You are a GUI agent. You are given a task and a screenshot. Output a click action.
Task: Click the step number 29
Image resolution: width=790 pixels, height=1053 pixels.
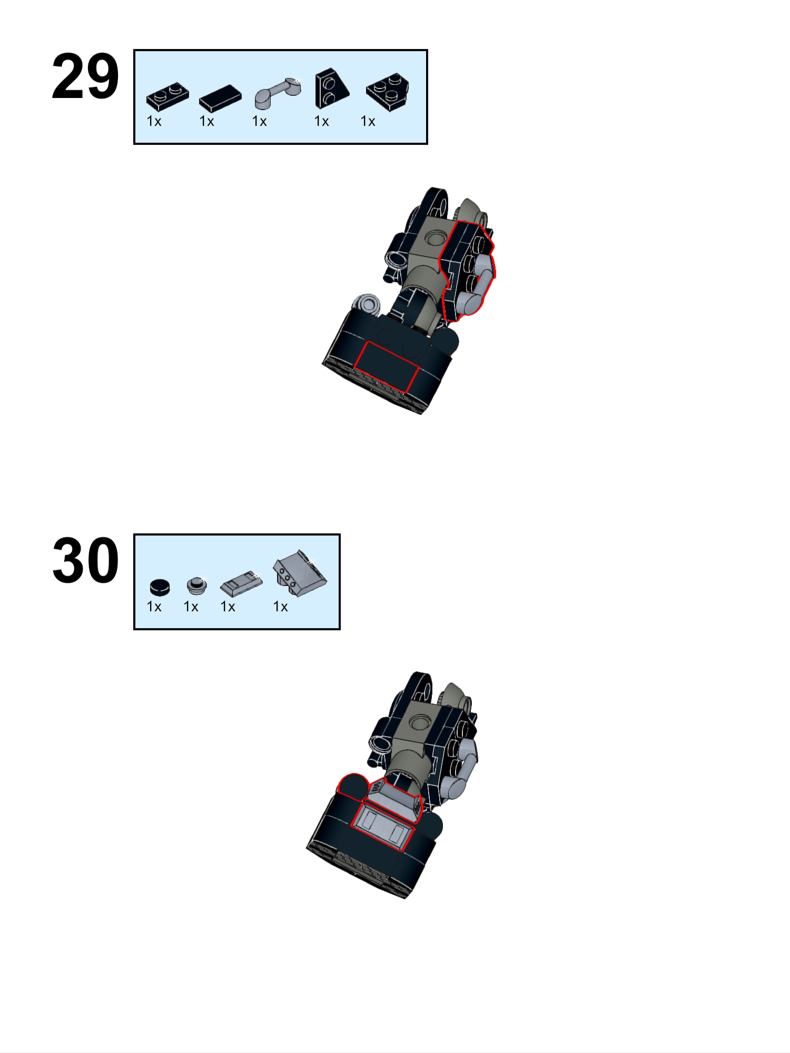[x=85, y=76]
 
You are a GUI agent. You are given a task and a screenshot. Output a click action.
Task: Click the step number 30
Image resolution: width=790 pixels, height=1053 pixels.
[x=85, y=561]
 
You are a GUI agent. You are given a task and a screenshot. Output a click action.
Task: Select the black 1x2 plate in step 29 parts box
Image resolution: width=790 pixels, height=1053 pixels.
[x=167, y=96]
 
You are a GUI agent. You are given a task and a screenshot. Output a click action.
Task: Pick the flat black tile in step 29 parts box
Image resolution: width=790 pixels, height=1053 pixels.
[x=220, y=98]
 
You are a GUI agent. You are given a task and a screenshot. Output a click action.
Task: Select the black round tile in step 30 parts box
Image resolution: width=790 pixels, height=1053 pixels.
[x=160, y=586]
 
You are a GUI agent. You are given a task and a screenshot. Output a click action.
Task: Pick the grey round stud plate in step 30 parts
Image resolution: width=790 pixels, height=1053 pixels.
[x=196, y=584]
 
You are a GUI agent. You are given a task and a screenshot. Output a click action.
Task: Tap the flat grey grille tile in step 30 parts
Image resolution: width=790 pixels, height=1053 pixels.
[x=241, y=582]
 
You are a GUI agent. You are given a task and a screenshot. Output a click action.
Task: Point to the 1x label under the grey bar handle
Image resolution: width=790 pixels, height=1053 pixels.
[x=259, y=122]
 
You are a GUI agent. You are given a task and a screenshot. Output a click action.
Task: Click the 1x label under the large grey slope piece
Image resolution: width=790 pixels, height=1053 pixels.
[x=280, y=607]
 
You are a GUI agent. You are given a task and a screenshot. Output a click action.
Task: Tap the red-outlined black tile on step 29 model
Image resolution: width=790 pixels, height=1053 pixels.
[x=386, y=366]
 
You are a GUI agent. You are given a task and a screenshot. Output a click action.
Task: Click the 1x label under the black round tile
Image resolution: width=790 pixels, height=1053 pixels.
[x=154, y=607]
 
